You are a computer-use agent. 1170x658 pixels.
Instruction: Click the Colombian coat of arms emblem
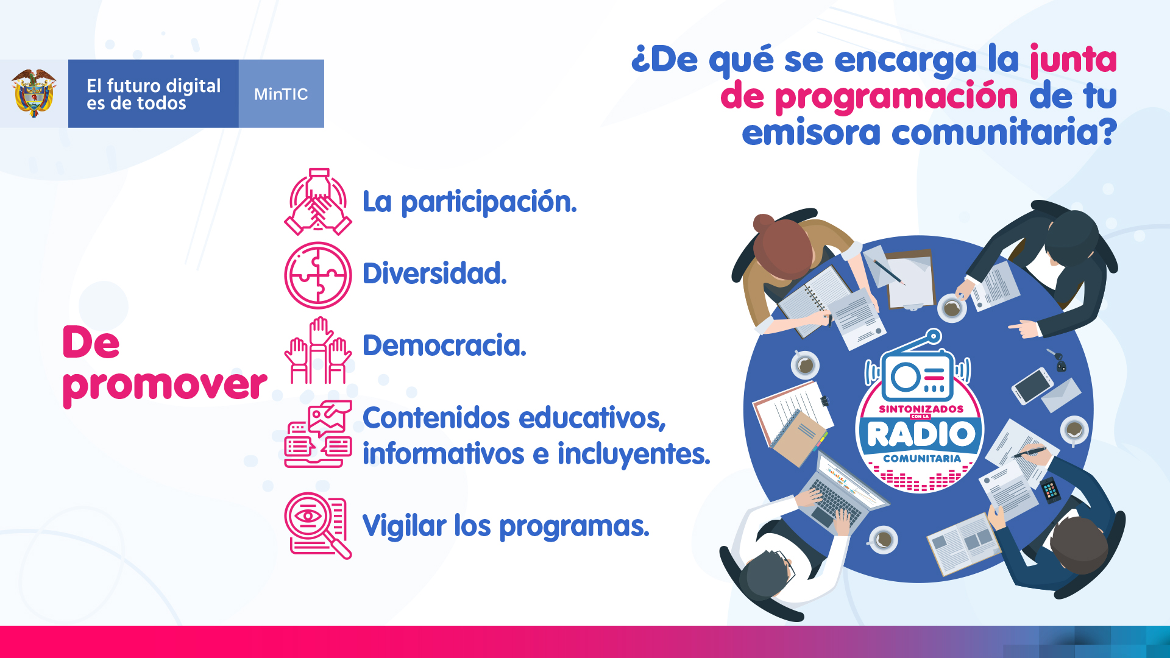(34, 93)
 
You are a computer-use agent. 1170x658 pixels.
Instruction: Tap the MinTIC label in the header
(281, 94)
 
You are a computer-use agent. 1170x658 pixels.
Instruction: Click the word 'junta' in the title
(1073, 60)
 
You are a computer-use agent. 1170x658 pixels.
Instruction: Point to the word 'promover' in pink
(165, 385)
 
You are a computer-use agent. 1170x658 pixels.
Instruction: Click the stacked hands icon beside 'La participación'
(317, 202)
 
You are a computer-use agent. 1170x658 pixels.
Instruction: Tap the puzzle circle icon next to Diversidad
(317, 275)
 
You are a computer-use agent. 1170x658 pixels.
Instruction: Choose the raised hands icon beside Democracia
(317, 350)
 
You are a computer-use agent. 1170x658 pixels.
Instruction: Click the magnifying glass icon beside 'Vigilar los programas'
(317, 525)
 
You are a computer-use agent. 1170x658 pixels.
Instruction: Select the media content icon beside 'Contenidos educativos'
(317, 434)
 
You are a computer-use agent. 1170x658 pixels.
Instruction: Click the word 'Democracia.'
(444, 345)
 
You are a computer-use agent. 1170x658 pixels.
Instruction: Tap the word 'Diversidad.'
(434, 273)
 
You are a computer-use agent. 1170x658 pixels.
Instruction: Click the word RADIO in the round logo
(921, 434)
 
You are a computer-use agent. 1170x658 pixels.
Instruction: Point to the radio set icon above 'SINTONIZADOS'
(918, 366)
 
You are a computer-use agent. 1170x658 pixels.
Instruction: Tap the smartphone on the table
(1032, 386)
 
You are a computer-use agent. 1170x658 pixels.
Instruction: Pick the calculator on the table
(1051, 490)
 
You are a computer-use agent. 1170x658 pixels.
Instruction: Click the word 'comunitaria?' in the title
(1004, 133)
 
